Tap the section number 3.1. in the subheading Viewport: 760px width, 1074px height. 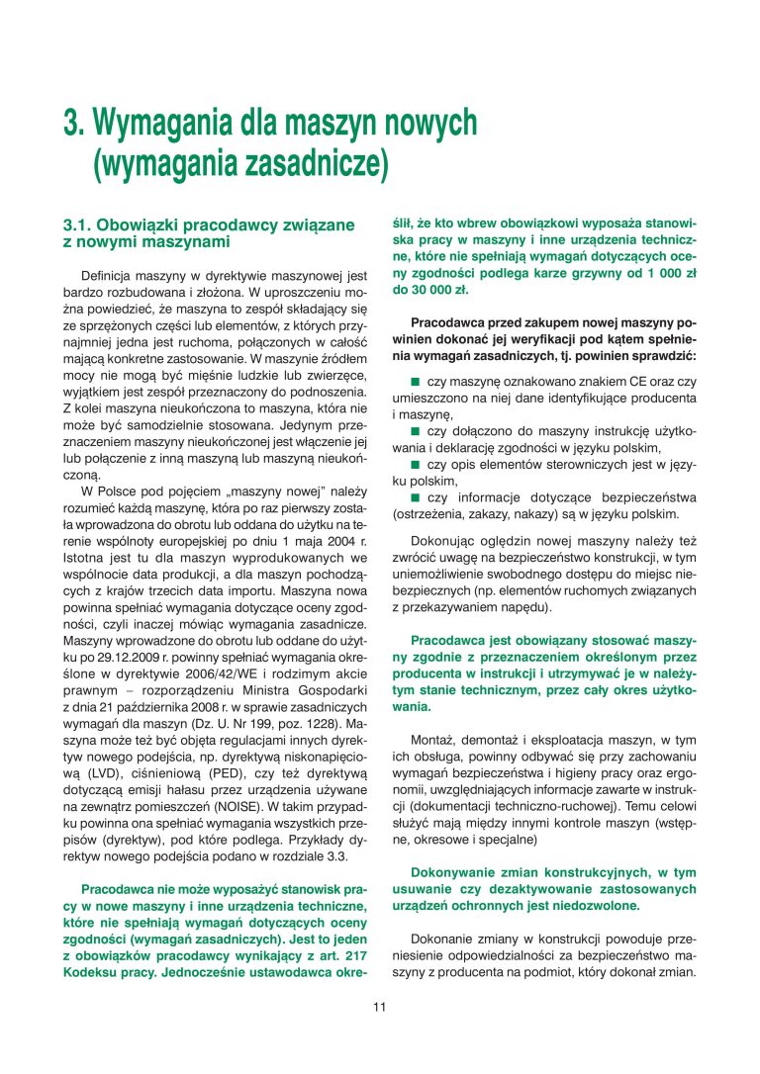coord(79,225)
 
